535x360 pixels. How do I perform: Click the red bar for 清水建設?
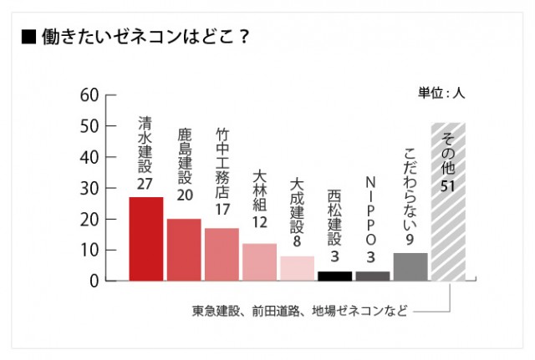click(145, 239)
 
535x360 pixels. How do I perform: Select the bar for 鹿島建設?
click(184, 250)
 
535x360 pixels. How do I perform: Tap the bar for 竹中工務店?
click(222, 254)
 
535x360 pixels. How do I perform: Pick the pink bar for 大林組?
click(259, 262)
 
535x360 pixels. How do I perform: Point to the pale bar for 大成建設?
click(297, 268)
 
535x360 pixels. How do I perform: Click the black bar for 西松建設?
click(334, 276)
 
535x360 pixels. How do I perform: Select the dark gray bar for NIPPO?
click(372, 276)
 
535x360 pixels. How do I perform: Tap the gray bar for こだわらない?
click(410, 266)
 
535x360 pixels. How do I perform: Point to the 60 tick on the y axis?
click(89, 94)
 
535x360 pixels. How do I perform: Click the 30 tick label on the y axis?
click(89, 188)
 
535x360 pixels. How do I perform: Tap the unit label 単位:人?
click(441, 94)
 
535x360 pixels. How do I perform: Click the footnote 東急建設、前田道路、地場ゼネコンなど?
click(300, 312)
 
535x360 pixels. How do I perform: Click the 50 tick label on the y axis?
click(89, 125)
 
